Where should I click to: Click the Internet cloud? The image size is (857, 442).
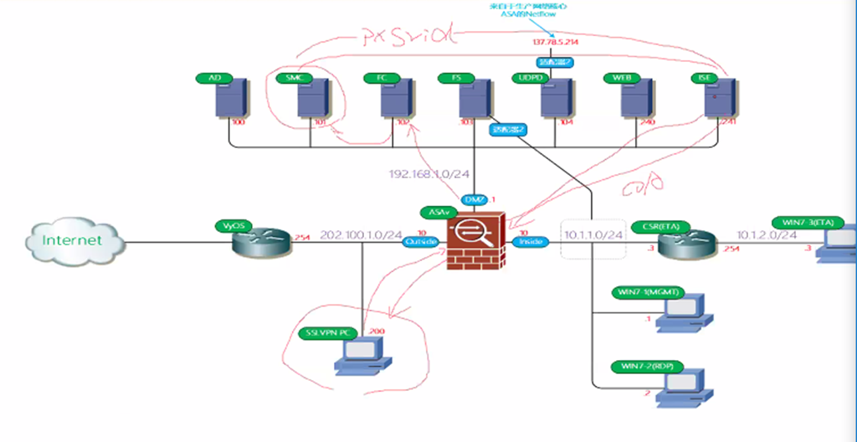(x=73, y=241)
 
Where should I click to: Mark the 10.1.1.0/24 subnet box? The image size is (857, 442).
(x=593, y=236)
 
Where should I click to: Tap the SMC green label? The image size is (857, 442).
(x=293, y=78)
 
